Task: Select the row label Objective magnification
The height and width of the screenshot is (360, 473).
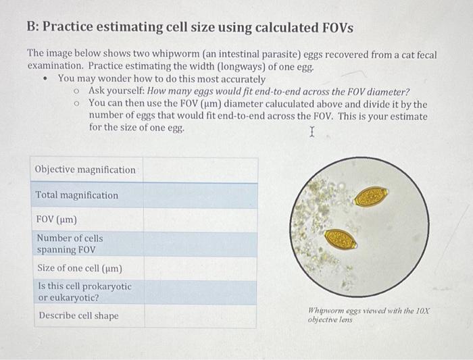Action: click(x=86, y=170)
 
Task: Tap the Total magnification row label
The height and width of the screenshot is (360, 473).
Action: click(x=76, y=195)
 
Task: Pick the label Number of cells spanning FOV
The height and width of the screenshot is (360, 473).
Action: click(x=70, y=244)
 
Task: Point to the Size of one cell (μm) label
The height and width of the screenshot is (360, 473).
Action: click(x=79, y=268)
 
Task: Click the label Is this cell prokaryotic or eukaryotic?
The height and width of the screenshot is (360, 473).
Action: click(x=84, y=292)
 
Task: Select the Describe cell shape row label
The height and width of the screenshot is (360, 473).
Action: click(x=78, y=315)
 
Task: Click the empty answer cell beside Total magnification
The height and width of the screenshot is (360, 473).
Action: click(x=200, y=195)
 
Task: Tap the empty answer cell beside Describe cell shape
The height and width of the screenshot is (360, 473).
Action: click(x=200, y=315)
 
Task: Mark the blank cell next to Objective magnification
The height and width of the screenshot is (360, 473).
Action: click(x=200, y=170)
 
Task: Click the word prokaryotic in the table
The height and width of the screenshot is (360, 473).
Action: click(x=105, y=286)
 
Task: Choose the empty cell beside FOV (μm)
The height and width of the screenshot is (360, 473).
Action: click(x=200, y=220)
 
